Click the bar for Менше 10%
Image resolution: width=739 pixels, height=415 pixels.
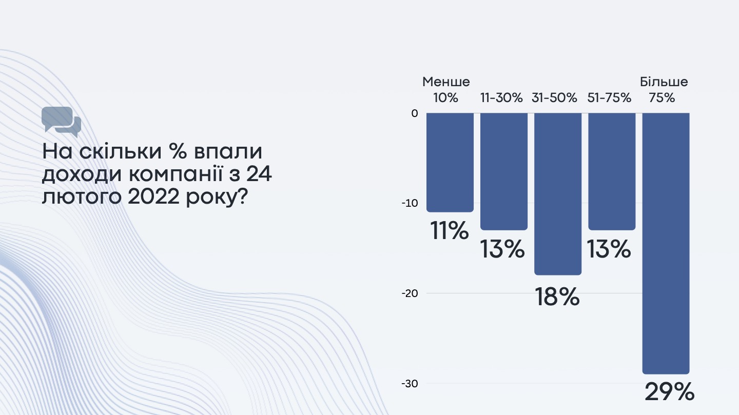pos(450,162)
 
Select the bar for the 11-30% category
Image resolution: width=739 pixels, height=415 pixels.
pos(504,171)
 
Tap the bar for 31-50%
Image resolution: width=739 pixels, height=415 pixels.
pos(558,194)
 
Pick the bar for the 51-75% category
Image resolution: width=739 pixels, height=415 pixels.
pos(612,171)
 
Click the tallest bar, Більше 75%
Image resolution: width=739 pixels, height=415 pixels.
pos(666,243)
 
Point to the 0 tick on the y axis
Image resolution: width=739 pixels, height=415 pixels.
pos(415,113)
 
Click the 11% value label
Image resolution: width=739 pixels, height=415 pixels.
pos(450,231)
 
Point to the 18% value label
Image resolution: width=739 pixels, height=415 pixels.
pos(557,297)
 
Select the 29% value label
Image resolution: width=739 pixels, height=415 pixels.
pos(669,392)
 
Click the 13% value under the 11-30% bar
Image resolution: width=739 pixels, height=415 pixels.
pos(502,250)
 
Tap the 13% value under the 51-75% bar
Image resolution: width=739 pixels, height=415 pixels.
pos(609,250)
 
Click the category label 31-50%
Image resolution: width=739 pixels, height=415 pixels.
pos(555,97)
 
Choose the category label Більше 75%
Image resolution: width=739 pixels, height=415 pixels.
pos(664,90)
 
